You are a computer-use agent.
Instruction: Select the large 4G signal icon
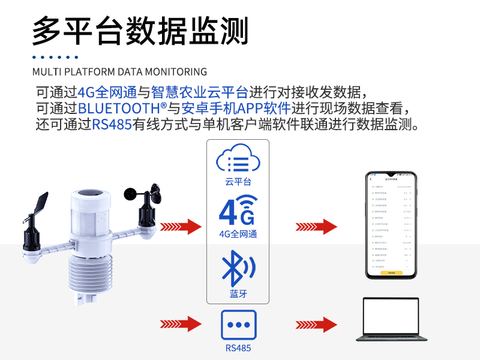click(238, 210)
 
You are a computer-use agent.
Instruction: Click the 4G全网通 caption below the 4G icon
click(238, 234)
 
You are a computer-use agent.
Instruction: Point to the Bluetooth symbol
click(238, 268)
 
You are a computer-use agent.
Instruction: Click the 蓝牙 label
click(238, 294)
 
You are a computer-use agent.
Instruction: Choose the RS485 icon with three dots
click(238, 325)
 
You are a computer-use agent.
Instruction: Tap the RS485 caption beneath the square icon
click(238, 347)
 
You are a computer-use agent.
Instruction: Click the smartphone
click(391, 225)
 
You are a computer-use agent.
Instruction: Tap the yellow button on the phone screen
click(391, 272)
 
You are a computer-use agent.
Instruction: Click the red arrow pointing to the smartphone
click(316, 227)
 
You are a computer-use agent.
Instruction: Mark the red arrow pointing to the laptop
click(316, 325)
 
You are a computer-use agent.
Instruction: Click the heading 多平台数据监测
click(140, 29)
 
